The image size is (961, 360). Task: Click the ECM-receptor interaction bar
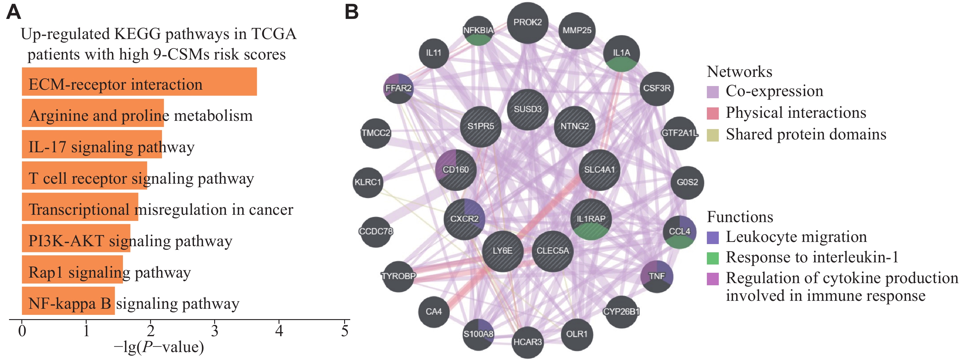click(x=139, y=82)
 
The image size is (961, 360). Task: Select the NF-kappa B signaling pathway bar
click(x=68, y=301)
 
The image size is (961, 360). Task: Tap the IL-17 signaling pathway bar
click(x=92, y=144)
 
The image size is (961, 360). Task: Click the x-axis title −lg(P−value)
click(x=159, y=347)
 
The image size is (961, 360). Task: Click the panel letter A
click(x=13, y=12)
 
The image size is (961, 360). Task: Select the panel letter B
click(x=351, y=12)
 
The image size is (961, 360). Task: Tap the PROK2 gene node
click(x=527, y=22)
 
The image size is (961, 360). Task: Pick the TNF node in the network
click(x=657, y=276)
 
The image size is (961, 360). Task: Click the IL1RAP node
click(x=591, y=219)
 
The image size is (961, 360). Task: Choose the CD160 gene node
click(x=455, y=170)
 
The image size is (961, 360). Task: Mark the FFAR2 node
click(x=398, y=88)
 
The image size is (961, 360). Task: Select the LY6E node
click(x=502, y=251)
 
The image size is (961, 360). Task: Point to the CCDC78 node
click(x=376, y=232)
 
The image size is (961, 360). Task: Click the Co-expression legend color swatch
click(x=713, y=92)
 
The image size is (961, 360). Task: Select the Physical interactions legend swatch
click(x=713, y=113)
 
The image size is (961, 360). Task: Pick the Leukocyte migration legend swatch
click(x=713, y=238)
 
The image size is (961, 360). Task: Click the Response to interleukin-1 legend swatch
click(x=713, y=258)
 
